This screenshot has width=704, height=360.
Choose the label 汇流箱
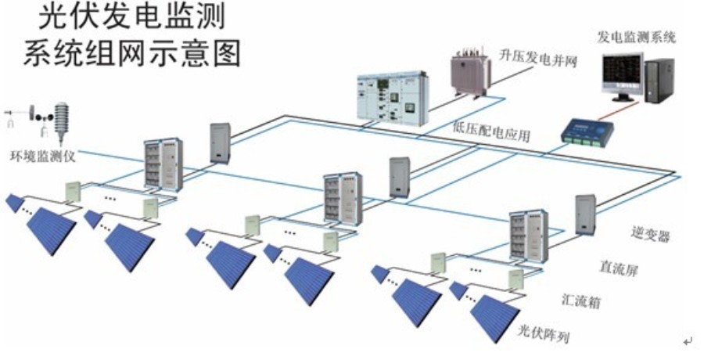tap(583, 301)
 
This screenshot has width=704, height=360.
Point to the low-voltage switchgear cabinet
tap(388, 99)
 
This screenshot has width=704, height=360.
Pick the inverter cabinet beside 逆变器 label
tap(587, 213)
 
